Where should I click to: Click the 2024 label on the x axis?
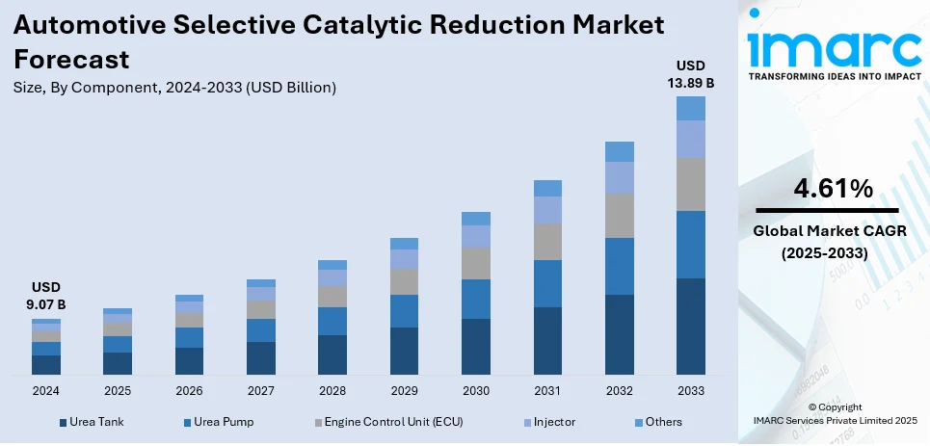click(46, 391)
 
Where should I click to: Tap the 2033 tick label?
click(690, 391)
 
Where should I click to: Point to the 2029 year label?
click(404, 391)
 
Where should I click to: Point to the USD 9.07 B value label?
click(46, 297)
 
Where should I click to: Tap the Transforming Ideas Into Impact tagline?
click(834, 77)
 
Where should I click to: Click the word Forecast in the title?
click(71, 60)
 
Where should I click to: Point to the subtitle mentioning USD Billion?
click(174, 88)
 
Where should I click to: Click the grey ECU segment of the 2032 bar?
click(619, 215)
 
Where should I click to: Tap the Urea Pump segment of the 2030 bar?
click(475, 299)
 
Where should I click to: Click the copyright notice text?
click(835, 414)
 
